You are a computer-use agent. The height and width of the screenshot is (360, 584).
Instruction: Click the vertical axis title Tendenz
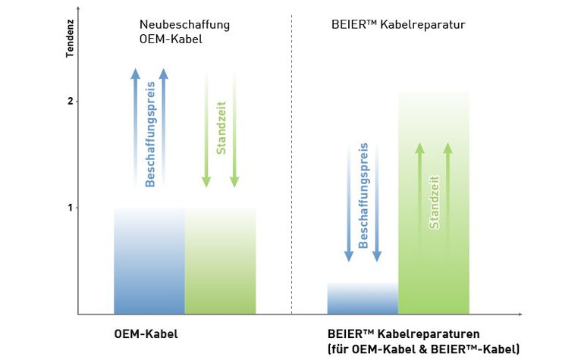pos(70,39)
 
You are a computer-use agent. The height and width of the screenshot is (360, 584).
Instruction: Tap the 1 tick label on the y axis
pos(70,208)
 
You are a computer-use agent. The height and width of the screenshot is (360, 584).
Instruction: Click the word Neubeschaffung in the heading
pos(184,25)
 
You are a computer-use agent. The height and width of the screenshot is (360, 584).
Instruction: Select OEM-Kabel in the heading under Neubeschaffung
pos(171,39)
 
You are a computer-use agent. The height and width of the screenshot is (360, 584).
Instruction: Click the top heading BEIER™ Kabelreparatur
pos(398,24)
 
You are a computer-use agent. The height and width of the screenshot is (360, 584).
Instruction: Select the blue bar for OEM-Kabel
pos(149,261)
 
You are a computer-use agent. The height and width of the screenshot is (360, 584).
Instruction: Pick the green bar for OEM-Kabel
pos(221,261)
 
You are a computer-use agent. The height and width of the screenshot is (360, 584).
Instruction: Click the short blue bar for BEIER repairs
pos(363,298)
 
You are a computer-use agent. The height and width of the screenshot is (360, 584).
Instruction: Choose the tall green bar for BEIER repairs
pos(434,203)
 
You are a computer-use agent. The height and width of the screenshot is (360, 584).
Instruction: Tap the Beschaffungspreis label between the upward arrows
pos(149,134)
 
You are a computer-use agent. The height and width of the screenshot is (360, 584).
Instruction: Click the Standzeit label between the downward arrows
pos(221,127)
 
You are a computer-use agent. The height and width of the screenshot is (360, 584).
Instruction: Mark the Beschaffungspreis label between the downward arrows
pos(363,196)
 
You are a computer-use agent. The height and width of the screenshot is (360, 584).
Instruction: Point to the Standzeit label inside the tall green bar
pos(434,202)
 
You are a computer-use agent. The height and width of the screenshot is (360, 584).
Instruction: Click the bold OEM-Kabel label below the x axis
pos(146,334)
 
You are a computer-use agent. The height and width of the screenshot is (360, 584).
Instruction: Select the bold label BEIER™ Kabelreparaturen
pos(403,333)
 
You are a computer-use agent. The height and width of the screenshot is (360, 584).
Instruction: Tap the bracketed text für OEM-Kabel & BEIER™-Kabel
pos(423,349)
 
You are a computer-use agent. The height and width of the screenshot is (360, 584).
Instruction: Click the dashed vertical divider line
pos(292,164)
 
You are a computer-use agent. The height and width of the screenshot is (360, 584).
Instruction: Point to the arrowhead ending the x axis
pos(520,315)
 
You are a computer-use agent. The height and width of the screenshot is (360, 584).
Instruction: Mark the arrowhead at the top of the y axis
pos(78,8)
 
